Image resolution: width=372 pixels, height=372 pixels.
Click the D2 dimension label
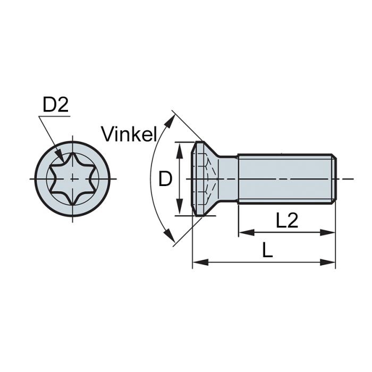(x=55, y=105)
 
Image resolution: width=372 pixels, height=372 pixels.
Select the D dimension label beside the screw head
(x=166, y=179)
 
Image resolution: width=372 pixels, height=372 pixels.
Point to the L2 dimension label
(x=286, y=221)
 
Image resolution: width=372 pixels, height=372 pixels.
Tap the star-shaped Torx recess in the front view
(x=72, y=179)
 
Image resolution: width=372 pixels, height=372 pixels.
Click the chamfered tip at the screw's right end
(x=334, y=179)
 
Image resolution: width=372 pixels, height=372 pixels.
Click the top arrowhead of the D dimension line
(x=179, y=147)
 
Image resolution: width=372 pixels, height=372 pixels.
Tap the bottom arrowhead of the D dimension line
(x=179, y=211)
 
